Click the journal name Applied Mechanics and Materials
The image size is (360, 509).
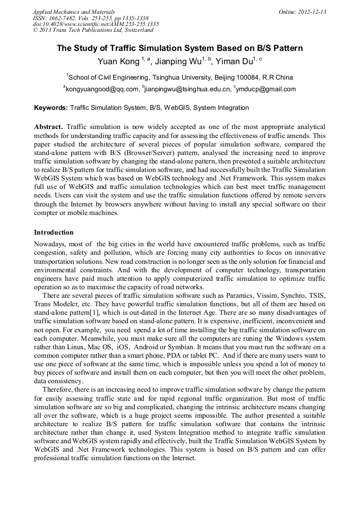click(x=73, y=11)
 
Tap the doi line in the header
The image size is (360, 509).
click(x=96, y=24)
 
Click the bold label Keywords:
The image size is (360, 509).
click(x=51, y=108)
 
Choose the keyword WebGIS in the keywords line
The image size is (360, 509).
click(x=177, y=108)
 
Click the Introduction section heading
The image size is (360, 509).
click(x=54, y=232)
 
